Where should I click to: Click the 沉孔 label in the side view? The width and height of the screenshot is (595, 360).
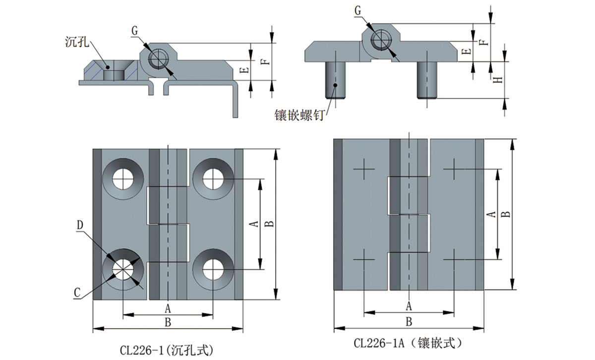76,41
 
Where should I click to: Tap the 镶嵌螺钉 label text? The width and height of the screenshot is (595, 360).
299,115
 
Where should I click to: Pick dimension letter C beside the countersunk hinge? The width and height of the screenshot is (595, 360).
77,294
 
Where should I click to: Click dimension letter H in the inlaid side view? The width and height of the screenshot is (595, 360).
498,79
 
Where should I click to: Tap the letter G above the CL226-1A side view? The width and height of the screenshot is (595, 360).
358,10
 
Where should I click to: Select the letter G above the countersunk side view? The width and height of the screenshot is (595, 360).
135,30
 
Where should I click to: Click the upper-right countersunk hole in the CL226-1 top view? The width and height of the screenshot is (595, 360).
212,179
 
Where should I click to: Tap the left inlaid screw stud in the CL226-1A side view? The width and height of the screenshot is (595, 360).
335,79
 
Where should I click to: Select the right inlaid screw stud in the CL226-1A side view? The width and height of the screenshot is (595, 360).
427,79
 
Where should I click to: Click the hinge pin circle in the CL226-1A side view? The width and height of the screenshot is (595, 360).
382,39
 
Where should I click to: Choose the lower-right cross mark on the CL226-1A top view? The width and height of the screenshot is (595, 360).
454,259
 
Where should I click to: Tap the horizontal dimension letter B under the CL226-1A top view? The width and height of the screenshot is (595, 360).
409,321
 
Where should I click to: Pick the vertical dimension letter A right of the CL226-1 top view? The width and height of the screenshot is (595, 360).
252,224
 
